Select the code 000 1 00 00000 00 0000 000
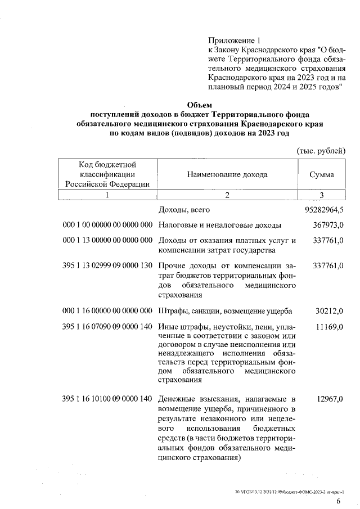pyautogui.click(x=108, y=226)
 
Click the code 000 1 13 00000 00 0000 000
pyautogui.click(x=108, y=241)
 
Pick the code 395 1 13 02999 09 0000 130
pyautogui.click(x=108, y=264)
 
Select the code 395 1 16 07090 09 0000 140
pyautogui.click(x=108, y=327)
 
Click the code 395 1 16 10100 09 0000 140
pyautogui.click(x=108, y=399)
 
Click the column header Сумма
pyautogui.click(x=322, y=174)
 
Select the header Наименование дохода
pyautogui.click(x=227, y=174)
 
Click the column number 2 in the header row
pyautogui.click(x=227, y=195)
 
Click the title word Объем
pyautogui.click(x=199, y=104)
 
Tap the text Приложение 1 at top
pyautogui.click(x=235, y=40)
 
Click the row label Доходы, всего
pyautogui.click(x=184, y=210)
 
